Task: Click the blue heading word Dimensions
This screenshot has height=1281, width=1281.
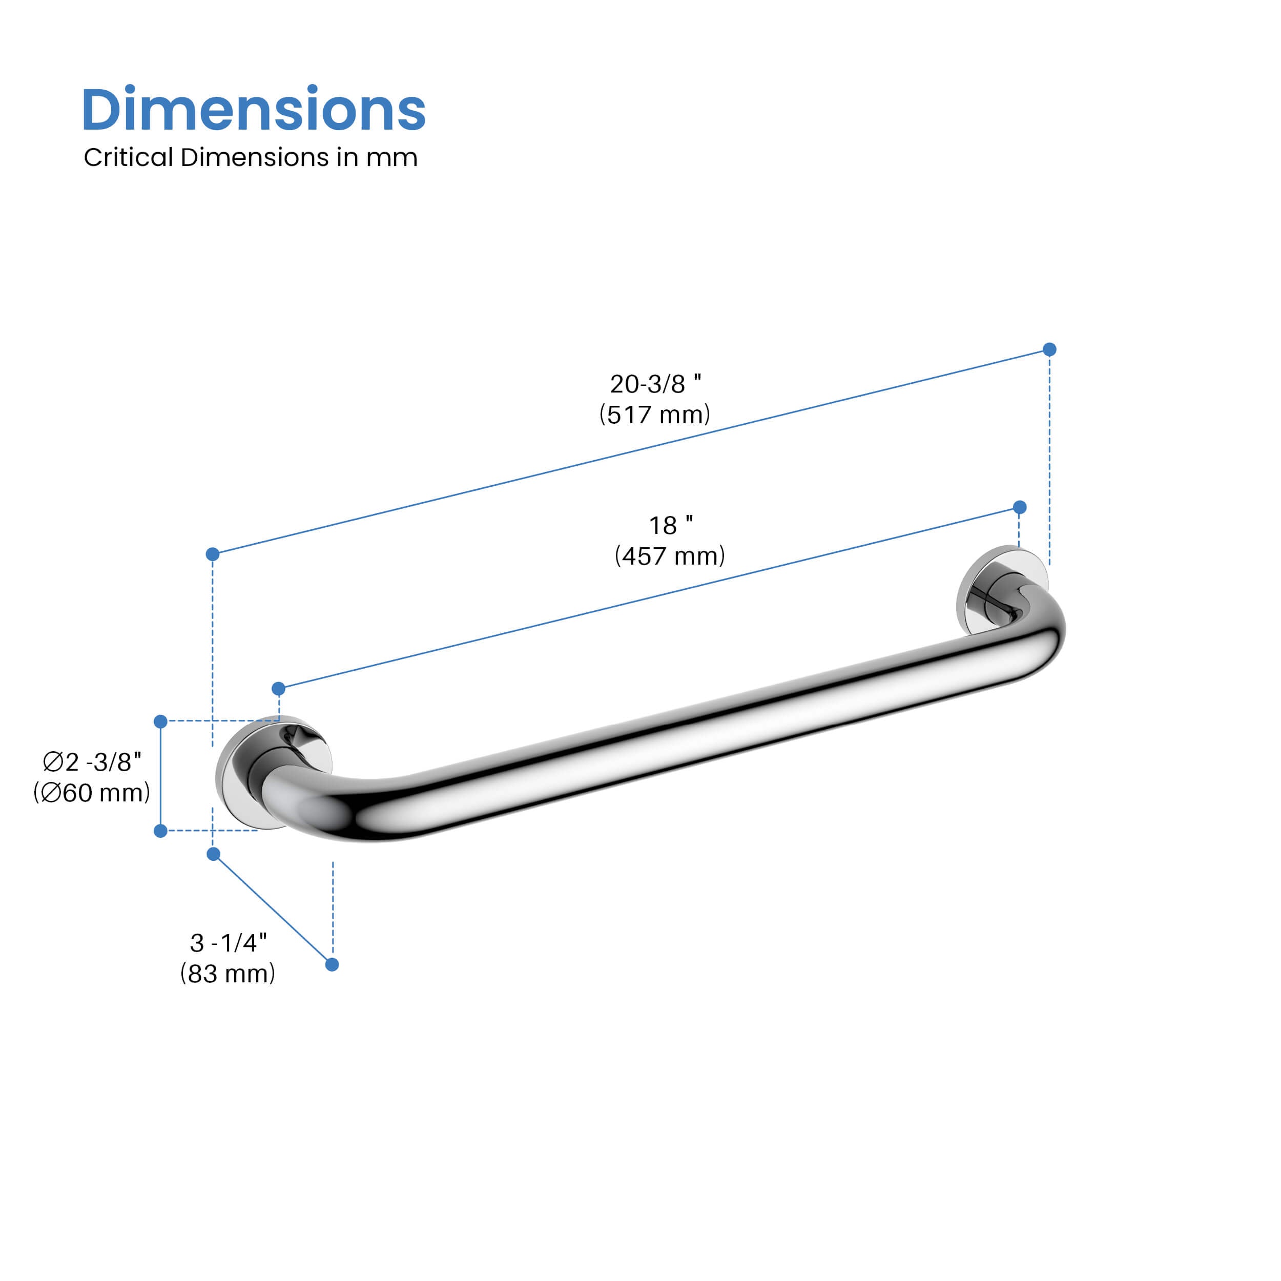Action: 253,110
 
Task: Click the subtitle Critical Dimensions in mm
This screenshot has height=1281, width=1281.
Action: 250,158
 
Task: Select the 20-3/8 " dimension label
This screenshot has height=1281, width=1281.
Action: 655,384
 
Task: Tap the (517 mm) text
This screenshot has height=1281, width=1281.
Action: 654,415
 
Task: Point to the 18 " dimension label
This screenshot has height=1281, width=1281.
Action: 670,526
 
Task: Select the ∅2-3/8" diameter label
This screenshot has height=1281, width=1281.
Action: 92,762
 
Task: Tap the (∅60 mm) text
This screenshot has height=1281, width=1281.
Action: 92,793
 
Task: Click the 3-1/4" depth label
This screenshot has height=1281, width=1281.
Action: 228,943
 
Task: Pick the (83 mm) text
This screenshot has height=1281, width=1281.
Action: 228,974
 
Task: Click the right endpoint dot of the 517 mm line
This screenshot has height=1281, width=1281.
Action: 1049,349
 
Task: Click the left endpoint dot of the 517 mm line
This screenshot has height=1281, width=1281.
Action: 213,554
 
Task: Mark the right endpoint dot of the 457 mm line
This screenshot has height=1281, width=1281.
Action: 1020,507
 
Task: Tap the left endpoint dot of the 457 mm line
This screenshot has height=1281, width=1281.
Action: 278,689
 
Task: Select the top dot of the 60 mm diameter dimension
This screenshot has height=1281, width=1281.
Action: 160,721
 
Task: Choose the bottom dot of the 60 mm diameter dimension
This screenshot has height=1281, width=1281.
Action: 160,831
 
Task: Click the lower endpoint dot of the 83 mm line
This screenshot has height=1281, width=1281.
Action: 332,965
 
